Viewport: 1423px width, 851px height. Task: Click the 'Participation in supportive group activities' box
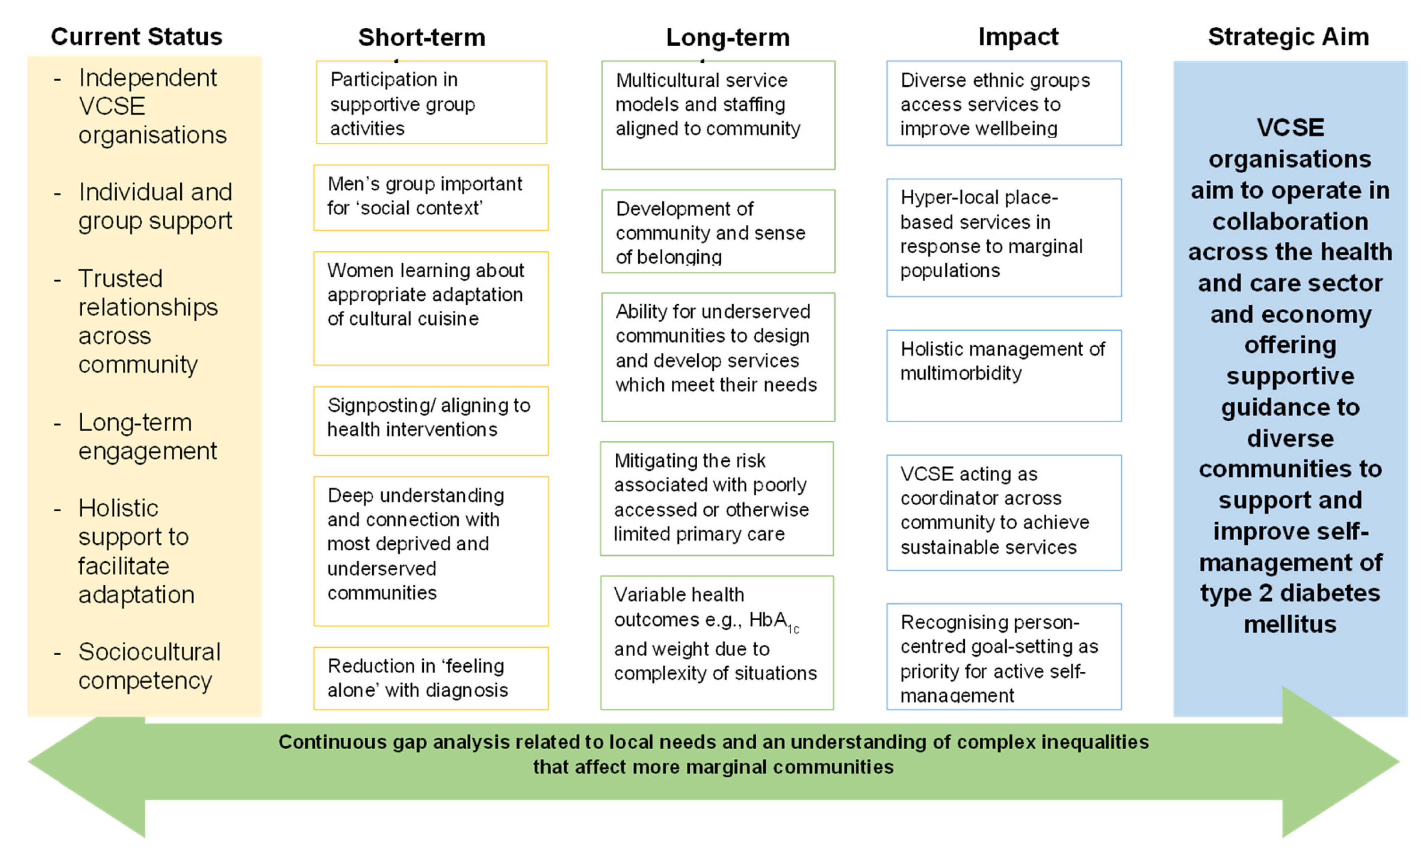pos(431,103)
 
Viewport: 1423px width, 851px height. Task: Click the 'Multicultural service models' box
pos(718,115)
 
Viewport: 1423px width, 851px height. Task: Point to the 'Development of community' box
pos(718,232)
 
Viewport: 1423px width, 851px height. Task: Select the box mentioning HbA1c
pos(716,642)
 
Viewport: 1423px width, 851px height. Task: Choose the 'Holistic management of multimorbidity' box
pos(1003,376)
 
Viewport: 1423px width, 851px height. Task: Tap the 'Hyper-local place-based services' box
pos(1003,237)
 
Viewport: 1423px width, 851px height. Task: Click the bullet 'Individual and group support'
pos(155,206)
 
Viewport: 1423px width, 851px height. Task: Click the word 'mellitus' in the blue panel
pos(1289,624)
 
